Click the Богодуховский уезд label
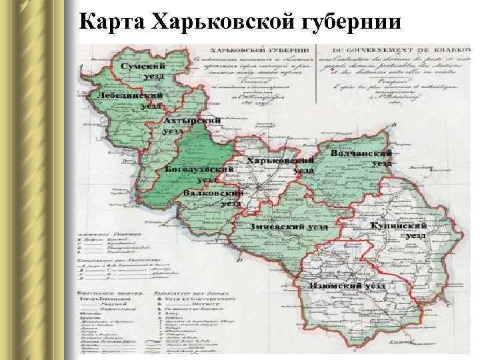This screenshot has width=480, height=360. tap(199, 174)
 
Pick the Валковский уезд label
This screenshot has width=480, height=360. tap(213, 198)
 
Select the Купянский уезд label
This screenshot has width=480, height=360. tap(398, 231)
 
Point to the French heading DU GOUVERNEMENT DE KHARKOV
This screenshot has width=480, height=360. tap(393, 51)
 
